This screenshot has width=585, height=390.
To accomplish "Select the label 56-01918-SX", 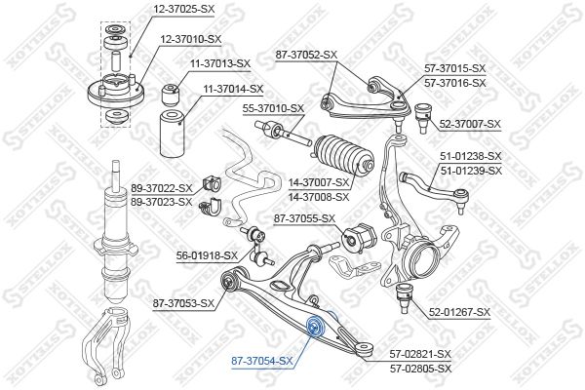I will coord(206,255).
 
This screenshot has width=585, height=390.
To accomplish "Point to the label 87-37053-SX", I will coord(182,303).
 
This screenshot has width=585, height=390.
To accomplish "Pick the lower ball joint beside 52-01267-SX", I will coord(407,299).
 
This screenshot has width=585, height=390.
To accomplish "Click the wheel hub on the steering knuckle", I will coord(427,260).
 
